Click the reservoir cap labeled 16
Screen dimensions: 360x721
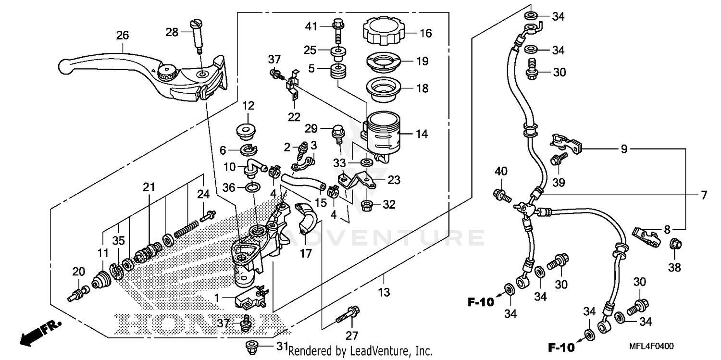pyautogui.click(x=384, y=30)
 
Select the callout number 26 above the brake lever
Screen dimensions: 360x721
pyautogui.click(x=123, y=35)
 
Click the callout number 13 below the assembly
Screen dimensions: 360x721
pyautogui.click(x=384, y=292)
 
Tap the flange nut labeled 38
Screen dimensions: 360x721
pyautogui.click(x=675, y=245)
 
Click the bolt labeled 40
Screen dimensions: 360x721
pyautogui.click(x=500, y=195)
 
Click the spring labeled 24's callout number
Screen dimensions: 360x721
pyautogui.click(x=204, y=195)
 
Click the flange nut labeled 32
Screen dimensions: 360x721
pyautogui.click(x=368, y=205)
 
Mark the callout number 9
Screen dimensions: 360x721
pyautogui.click(x=624, y=149)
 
